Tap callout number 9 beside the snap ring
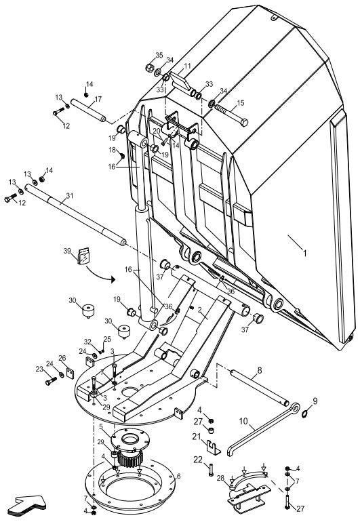(314, 401)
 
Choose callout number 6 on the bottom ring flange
(178, 477)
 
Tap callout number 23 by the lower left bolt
(39, 369)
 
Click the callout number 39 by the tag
(66, 251)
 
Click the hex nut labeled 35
(150, 68)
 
